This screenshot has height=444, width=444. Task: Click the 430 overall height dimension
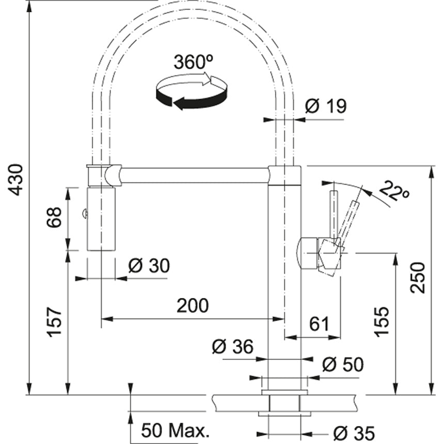pos(15,180)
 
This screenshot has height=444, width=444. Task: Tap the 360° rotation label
pos(193,62)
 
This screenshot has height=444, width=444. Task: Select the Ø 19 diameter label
pos(326,106)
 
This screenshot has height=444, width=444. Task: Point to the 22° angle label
pos(394,191)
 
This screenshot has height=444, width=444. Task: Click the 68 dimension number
pos(54,217)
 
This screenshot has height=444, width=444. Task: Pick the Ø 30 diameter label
pos(149,265)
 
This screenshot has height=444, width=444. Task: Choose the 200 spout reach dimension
pos(193,306)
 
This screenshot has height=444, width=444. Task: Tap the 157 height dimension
pos(54,322)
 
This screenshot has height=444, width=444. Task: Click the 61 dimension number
pos(319,324)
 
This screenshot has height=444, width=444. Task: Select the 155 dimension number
pos(382,322)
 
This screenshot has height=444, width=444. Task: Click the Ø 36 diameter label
pos(233,346)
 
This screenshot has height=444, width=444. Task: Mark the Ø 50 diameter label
pos(343,364)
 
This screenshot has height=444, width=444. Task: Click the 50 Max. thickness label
pos(175,431)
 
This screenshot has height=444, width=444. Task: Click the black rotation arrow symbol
pos(192,91)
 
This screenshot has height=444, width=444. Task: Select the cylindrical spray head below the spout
pos(101,219)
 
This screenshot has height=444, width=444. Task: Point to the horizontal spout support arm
pos(195,176)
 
